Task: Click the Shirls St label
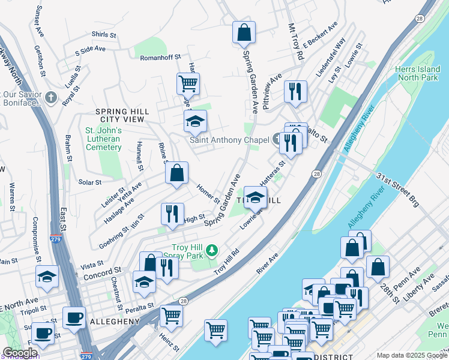103,35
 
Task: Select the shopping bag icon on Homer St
177,174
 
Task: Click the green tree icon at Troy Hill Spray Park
211,249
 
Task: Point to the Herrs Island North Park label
419,73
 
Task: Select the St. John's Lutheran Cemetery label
103,139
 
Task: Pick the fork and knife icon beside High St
172,214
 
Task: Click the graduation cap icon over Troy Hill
255,196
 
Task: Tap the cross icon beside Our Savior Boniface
51,97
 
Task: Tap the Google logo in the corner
20,353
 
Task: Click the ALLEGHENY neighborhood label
115,322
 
